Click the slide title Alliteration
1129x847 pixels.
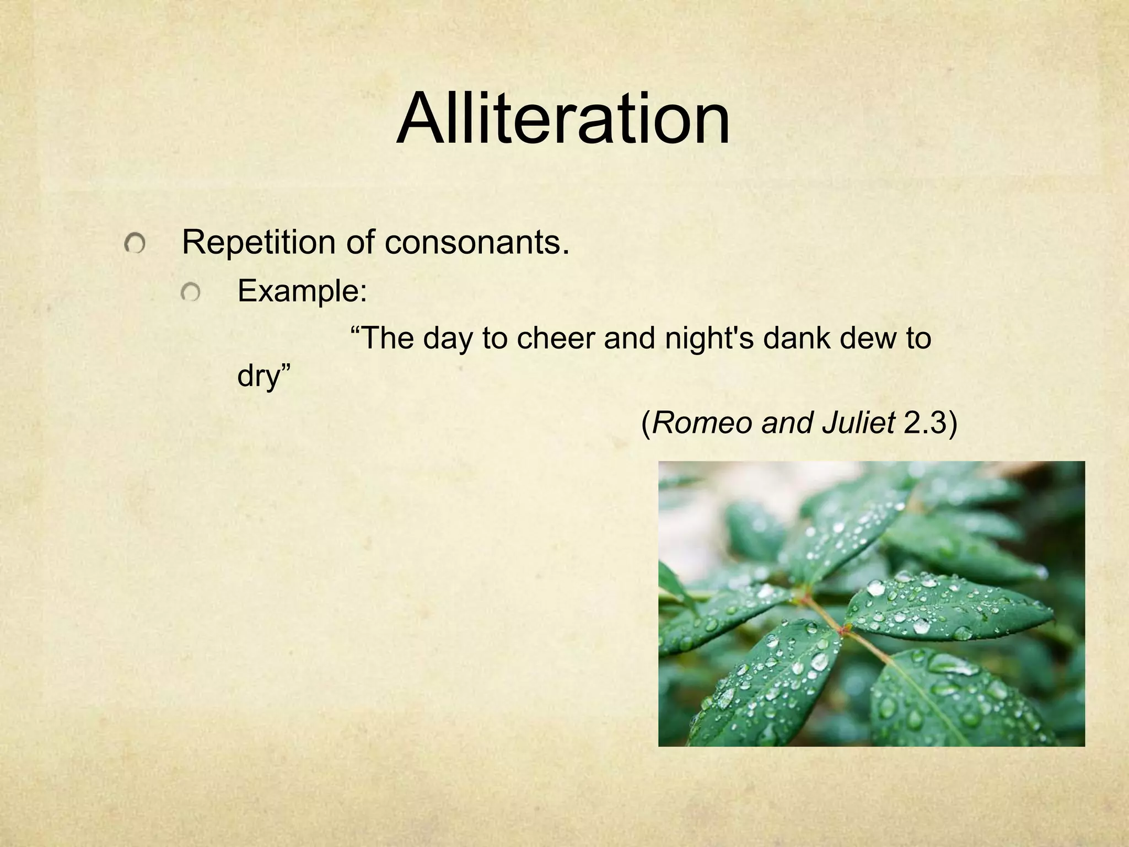[563, 119]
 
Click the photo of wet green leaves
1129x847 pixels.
[871, 603]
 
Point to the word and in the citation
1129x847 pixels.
[787, 423]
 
